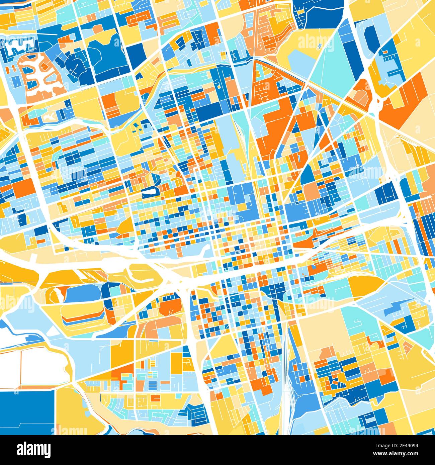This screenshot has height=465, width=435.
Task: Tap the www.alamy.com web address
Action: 398,454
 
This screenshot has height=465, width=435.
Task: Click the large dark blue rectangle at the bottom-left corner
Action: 27,411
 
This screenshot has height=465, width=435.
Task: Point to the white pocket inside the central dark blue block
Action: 150,191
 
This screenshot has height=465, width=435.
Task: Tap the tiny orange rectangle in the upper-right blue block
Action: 385,52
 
